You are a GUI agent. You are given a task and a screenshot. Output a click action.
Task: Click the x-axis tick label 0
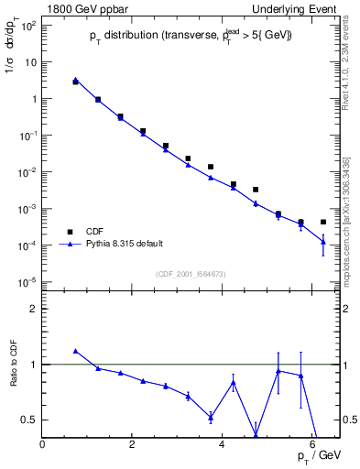pos(43,445)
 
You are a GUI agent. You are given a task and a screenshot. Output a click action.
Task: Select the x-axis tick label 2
pos(133,445)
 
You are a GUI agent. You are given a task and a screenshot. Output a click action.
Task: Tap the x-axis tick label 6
pos(312,445)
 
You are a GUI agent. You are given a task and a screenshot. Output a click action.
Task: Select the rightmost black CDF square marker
pos(323,223)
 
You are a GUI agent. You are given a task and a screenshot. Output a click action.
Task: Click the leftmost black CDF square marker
pos(76,82)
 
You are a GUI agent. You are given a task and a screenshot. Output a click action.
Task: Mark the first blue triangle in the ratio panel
pos(76,351)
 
